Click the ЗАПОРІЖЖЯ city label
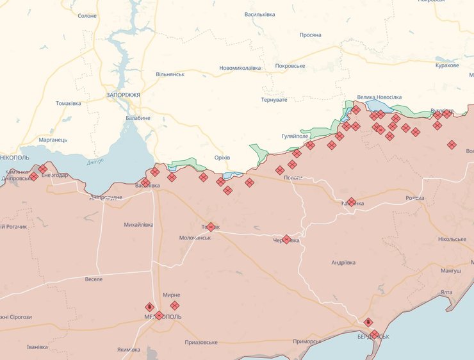123,94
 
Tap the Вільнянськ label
170,74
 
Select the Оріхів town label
222,158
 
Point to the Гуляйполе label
295,136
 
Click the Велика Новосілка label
379,96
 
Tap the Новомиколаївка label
240,68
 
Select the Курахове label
447,66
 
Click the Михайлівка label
138,225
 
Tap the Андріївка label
343,263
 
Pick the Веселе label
94,279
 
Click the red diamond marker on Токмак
211,227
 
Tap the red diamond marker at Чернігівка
286,240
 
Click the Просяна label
310,35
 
